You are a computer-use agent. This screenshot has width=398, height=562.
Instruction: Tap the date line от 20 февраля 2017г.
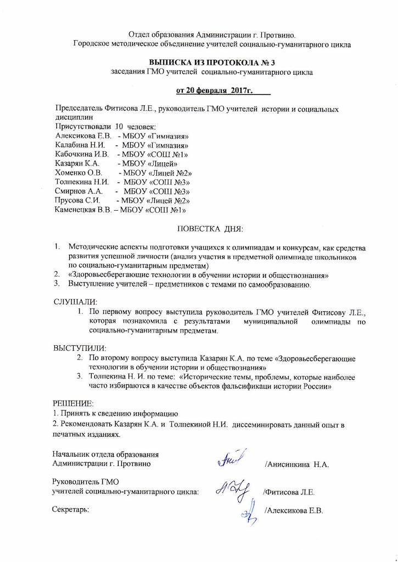coord(211,89)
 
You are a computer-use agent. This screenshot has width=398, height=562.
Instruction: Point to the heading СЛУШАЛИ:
coord(76,302)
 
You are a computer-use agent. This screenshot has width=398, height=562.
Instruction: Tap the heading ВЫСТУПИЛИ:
coord(80,348)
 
